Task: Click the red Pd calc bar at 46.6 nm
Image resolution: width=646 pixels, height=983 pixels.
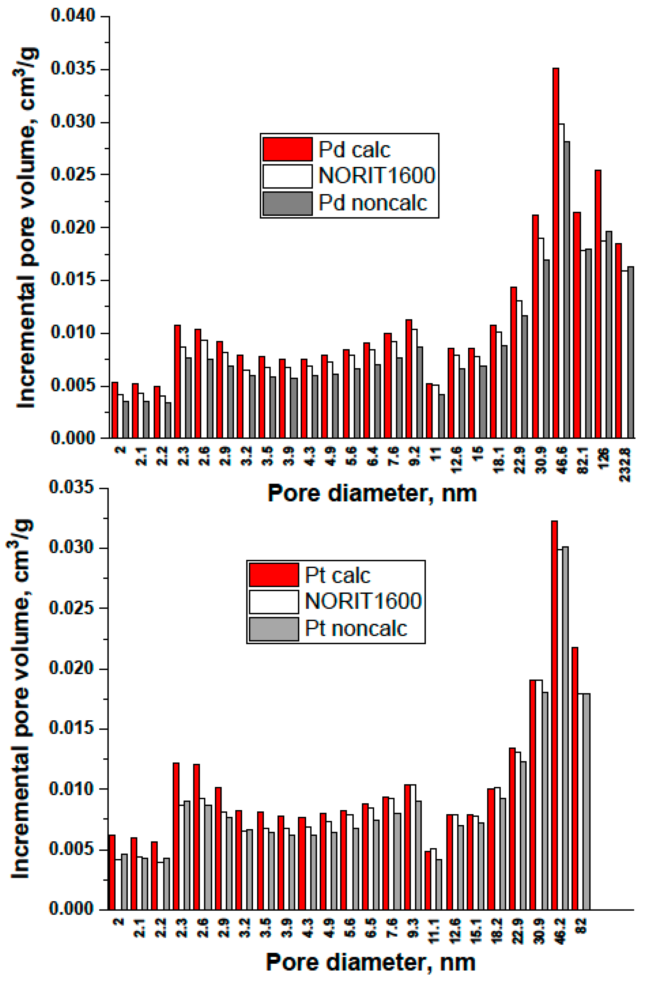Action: tap(556, 252)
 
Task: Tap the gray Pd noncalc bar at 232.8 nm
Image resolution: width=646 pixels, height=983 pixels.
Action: tap(630, 352)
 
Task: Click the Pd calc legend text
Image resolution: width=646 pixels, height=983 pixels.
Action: tap(354, 149)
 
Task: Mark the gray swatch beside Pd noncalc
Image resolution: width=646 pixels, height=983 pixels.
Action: tap(288, 203)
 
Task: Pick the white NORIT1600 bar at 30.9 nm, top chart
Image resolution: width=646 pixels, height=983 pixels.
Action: tap(541, 337)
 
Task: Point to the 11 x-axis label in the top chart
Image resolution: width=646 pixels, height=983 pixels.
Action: tap(436, 454)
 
